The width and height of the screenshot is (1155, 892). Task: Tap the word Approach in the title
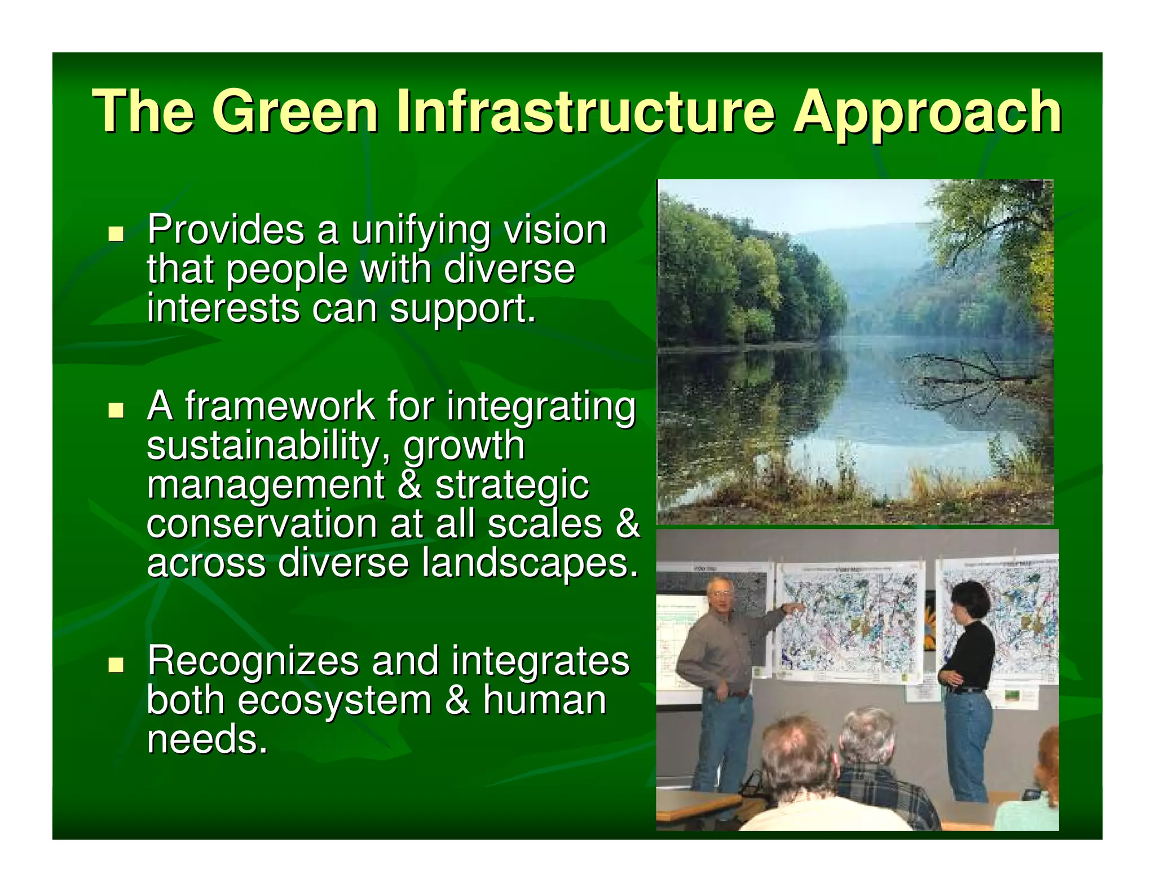tap(927, 113)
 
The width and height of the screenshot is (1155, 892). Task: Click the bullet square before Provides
tap(116, 233)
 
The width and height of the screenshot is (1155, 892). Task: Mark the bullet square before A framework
tap(116, 410)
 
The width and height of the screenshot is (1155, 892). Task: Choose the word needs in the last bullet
tap(206, 740)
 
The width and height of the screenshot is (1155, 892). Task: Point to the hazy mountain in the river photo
tap(863, 254)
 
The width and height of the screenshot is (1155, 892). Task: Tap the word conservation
tap(261, 524)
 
